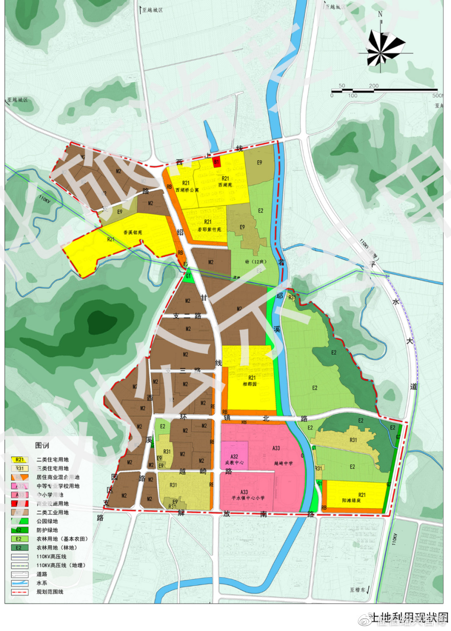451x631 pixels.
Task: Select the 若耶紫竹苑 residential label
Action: point(209,229)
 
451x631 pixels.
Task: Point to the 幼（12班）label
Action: point(255,262)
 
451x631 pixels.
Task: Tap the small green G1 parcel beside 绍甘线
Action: point(188,277)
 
